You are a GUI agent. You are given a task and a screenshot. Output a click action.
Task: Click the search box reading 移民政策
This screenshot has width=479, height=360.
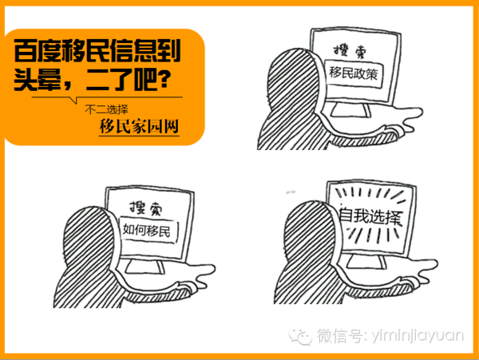pyautogui.click(x=353, y=74)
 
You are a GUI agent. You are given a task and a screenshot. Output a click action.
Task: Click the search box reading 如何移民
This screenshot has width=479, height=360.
pyautogui.click(x=148, y=230)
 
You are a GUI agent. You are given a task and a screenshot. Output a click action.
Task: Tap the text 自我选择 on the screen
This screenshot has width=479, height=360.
pyautogui.click(x=370, y=216)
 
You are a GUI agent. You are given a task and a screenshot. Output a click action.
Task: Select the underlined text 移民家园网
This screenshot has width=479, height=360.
pyautogui.click(x=139, y=126)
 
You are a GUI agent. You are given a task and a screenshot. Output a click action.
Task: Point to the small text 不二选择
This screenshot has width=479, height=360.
pyautogui.click(x=107, y=109)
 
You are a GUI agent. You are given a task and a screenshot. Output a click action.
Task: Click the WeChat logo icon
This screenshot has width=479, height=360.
pyautogui.click(x=301, y=336)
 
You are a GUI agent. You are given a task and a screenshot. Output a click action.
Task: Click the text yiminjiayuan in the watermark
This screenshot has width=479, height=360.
pyautogui.click(x=418, y=337)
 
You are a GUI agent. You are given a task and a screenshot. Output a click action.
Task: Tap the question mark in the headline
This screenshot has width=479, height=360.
pyautogui.click(x=165, y=79)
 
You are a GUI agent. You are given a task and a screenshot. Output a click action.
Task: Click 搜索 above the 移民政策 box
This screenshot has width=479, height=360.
pyautogui.click(x=350, y=50)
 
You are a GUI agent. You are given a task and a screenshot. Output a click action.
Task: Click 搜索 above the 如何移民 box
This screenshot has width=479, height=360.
pyautogui.click(x=146, y=208)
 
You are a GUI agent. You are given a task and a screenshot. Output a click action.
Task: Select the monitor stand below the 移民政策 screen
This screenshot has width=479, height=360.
pyautogui.click(x=350, y=110)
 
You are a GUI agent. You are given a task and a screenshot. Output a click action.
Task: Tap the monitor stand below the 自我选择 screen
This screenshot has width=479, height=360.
pyautogui.click(x=366, y=263)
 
